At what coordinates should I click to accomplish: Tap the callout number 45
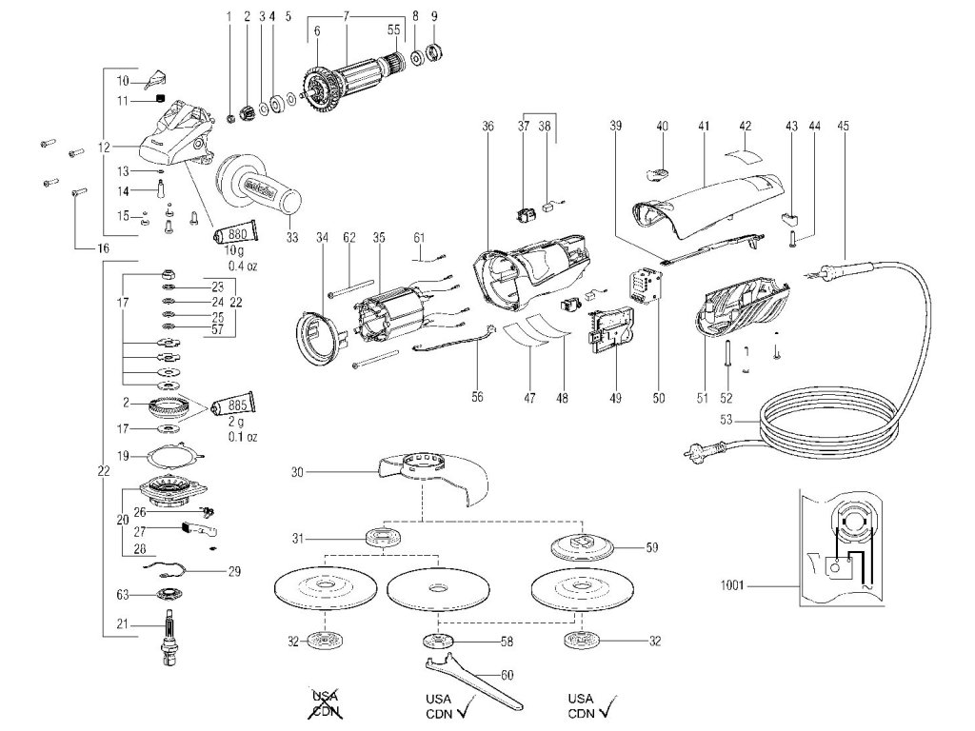843,124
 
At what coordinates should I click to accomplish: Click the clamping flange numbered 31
384,539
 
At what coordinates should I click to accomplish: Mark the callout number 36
487,124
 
